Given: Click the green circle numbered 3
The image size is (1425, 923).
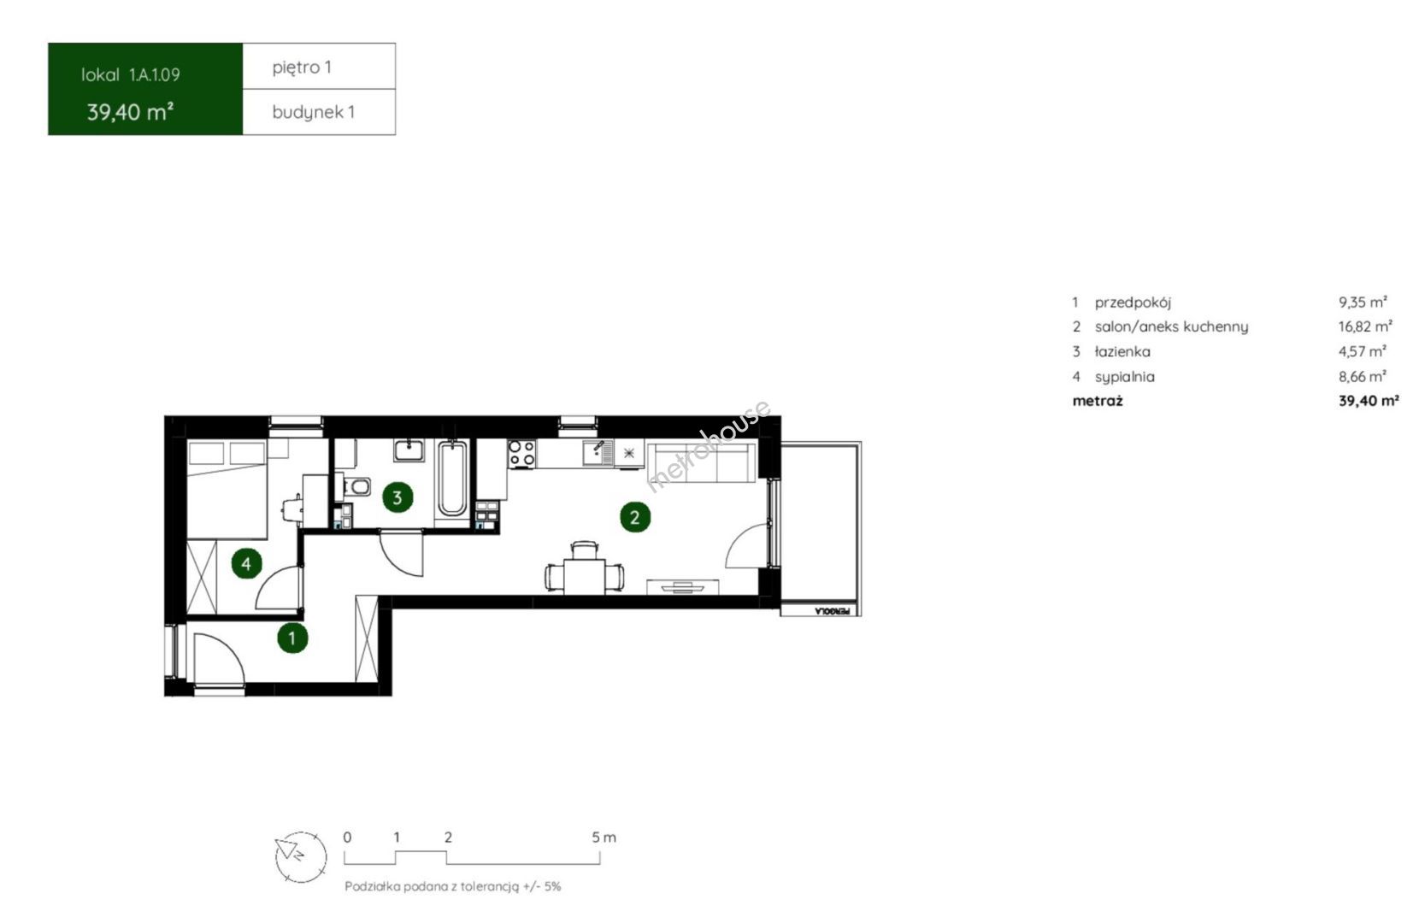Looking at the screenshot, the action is pyautogui.click(x=397, y=497).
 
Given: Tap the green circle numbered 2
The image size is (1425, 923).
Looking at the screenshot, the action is pyautogui.click(x=635, y=517).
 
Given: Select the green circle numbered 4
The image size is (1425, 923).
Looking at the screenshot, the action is pyautogui.click(x=246, y=563).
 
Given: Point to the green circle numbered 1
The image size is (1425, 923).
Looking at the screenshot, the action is pyautogui.click(x=292, y=638).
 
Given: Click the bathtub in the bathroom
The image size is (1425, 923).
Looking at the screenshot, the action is pyautogui.click(x=452, y=478).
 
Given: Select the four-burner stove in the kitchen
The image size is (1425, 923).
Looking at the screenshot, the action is pyautogui.click(x=521, y=454).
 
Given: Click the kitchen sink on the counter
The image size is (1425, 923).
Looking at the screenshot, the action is pyautogui.click(x=598, y=453).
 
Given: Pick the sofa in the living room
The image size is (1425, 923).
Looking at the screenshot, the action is pyautogui.click(x=702, y=462).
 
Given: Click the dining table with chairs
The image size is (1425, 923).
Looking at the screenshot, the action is pyautogui.click(x=584, y=568).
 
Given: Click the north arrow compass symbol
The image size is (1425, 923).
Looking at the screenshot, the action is pyautogui.click(x=300, y=857).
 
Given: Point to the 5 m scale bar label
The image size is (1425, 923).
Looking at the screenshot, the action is pyautogui.click(x=604, y=838).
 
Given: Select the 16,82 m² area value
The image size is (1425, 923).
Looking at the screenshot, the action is pyautogui.click(x=1365, y=326).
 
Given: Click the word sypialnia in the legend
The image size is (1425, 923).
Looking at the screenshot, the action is pyautogui.click(x=1125, y=377).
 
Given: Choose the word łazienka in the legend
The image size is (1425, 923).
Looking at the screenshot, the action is pyautogui.click(x=1122, y=351).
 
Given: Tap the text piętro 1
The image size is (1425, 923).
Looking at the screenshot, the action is pyautogui.click(x=302, y=68).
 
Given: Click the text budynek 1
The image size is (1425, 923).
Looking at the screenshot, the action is pyautogui.click(x=313, y=112).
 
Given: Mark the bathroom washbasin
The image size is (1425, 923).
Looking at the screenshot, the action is pyautogui.click(x=409, y=450).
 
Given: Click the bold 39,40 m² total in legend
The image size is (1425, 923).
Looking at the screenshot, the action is pyautogui.click(x=1369, y=401).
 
